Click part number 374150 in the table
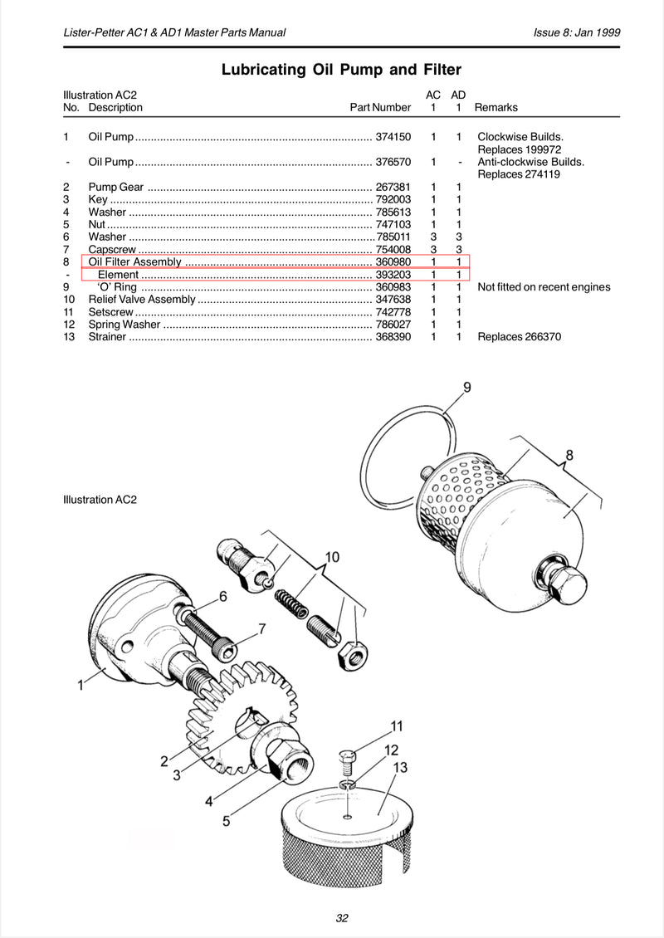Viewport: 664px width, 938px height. [x=393, y=137]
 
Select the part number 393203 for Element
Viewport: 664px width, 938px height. [x=393, y=275]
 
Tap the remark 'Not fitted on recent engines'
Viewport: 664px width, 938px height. [x=544, y=287]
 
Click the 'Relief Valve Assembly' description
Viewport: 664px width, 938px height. [x=142, y=300]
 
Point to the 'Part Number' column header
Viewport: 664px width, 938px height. [x=380, y=108]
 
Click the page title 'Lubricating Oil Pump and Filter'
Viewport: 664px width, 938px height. [x=342, y=70]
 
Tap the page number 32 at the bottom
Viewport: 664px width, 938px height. [x=342, y=918]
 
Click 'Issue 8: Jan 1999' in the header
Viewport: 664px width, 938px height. [x=577, y=32]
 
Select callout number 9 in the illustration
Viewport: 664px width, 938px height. [x=467, y=387]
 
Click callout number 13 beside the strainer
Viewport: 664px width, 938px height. [x=400, y=767]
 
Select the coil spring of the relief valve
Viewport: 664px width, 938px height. [x=291, y=603]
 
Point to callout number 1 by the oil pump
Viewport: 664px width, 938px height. [x=81, y=685]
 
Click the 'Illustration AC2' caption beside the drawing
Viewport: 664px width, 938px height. [x=100, y=500]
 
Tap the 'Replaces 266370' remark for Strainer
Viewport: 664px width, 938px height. [x=520, y=337]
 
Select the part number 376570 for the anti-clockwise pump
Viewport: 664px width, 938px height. [x=393, y=162]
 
